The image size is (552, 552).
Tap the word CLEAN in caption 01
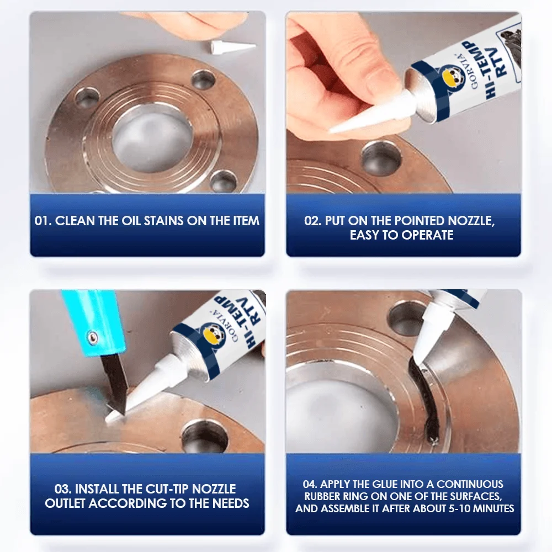point(75,221)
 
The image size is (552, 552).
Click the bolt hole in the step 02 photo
point(381,158)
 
